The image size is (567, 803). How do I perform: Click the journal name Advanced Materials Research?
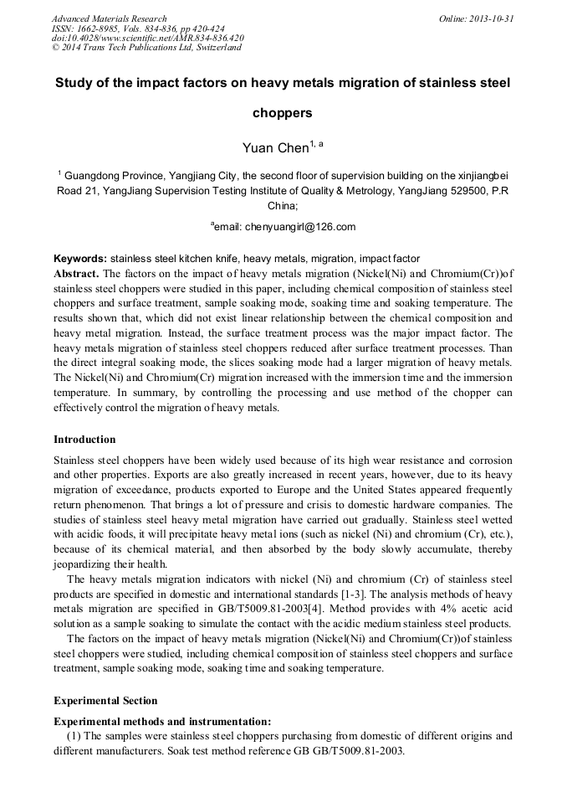point(109,18)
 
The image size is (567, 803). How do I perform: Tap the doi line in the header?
point(147,38)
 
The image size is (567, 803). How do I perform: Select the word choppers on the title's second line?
point(283,112)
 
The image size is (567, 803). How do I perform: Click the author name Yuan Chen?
point(275,148)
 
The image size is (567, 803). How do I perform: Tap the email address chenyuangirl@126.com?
point(300,226)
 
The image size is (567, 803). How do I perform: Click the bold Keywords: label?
point(80,259)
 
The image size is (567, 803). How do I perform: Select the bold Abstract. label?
point(76,274)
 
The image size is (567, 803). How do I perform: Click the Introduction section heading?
point(84,440)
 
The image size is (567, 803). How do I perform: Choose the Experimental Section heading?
point(105,701)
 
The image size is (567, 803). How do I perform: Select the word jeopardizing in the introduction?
point(82,564)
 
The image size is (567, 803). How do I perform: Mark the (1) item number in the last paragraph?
point(74,736)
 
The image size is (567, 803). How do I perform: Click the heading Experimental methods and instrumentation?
point(162,721)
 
